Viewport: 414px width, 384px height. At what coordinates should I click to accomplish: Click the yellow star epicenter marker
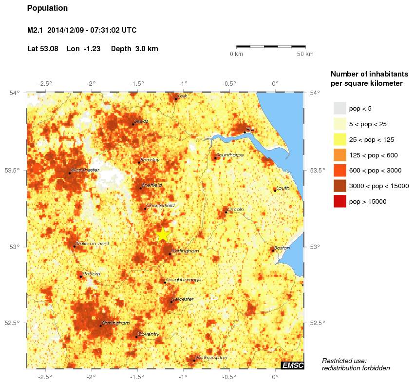point(163,235)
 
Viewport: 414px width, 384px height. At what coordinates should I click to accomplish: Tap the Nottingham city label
point(185,251)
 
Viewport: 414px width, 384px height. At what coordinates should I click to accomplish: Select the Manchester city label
point(85,170)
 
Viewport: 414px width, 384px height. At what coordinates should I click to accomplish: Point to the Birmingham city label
point(116,323)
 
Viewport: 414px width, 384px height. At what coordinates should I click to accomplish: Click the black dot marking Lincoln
point(226,212)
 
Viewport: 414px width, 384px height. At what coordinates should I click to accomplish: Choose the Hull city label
point(250,129)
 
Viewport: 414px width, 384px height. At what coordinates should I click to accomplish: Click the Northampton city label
point(211,358)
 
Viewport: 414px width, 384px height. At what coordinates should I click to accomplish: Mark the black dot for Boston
point(273,250)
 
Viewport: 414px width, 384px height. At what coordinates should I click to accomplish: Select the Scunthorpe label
point(230,155)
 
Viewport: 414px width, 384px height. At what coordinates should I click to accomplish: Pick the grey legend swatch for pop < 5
point(339,108)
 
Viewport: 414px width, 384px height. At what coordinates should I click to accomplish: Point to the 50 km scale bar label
point(305,54)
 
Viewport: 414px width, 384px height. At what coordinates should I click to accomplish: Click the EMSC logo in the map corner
point(292,365)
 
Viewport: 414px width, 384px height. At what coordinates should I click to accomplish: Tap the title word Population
point(48,8)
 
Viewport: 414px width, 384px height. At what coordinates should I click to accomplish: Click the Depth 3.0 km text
point(134,49)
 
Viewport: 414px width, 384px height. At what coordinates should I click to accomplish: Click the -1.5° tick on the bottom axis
point(137,376)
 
